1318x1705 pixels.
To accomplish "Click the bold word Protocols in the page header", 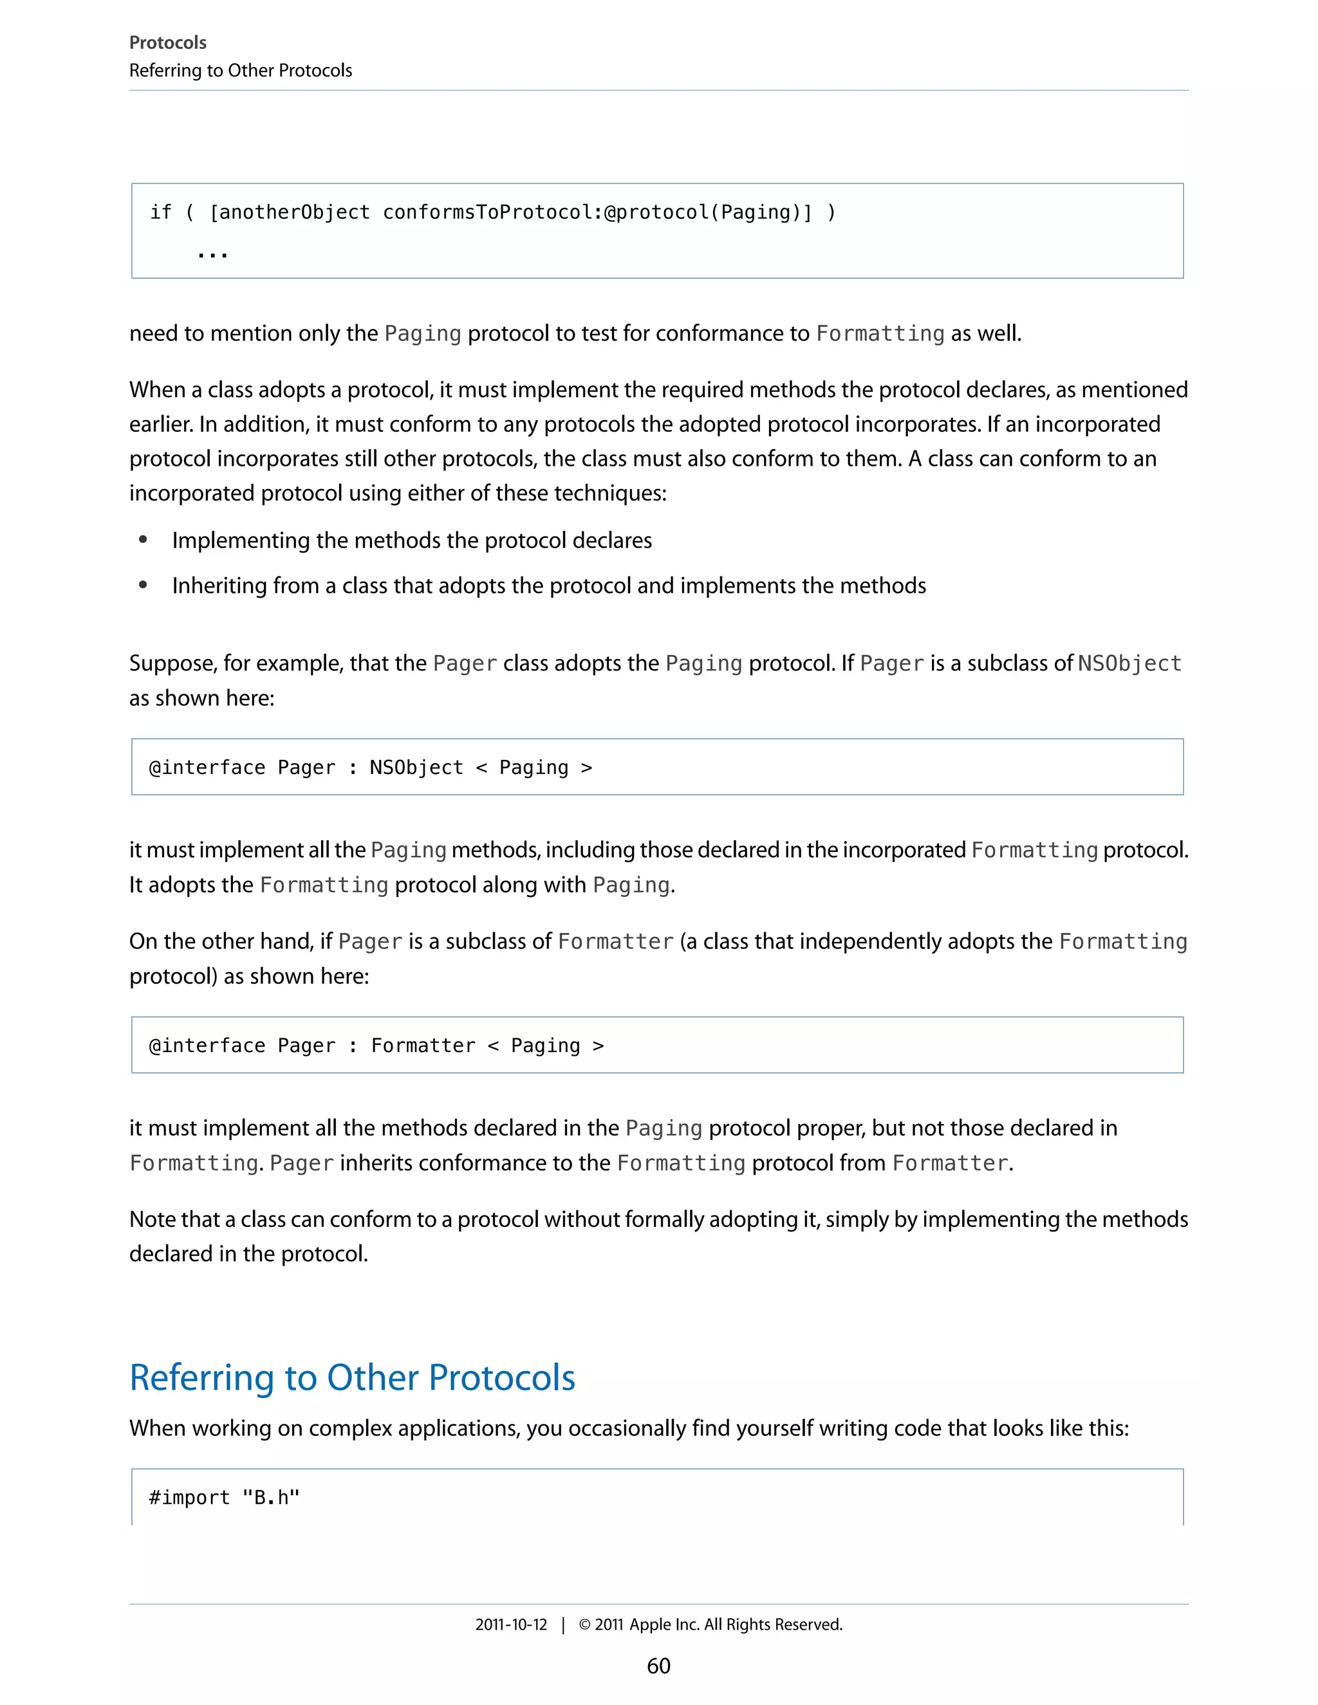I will [168, 43].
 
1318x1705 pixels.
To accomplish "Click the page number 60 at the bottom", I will [658, 1665].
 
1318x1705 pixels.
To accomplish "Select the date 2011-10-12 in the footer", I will [512, 1624].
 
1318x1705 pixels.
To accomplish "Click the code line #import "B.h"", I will [224, 1497].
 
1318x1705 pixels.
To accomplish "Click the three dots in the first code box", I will [212, 255].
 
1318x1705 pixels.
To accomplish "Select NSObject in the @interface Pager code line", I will [416, 768].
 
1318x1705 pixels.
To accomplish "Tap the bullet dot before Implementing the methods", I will [143, 539].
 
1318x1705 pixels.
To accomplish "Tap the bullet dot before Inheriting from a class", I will [143, 585].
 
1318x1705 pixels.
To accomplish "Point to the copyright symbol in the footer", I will [584, 1625].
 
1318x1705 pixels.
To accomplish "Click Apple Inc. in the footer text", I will [664, 1624].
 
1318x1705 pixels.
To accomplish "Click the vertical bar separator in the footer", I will [563, 1625].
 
